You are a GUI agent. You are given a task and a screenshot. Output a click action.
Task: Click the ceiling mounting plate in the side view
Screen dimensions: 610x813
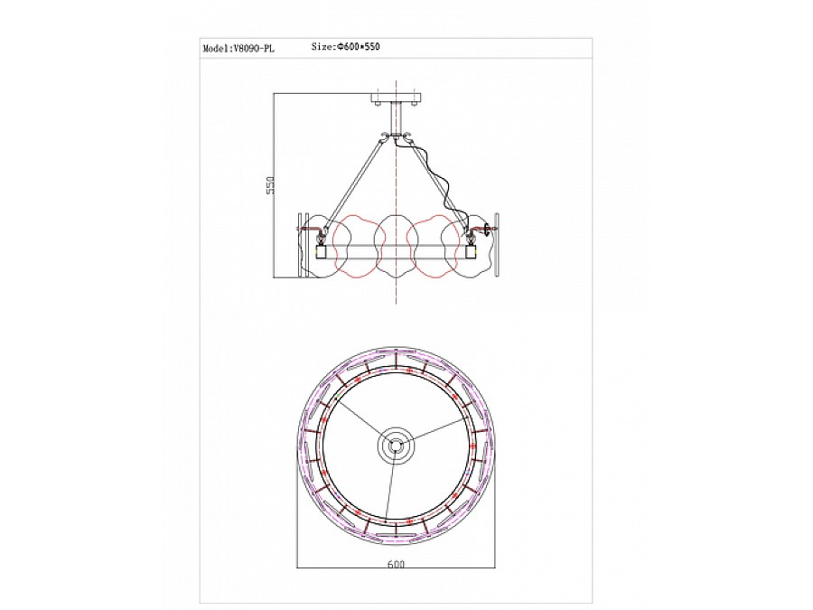coord(397,97)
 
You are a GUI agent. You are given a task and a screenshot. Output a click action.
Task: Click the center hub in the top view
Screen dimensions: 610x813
coord(396,446)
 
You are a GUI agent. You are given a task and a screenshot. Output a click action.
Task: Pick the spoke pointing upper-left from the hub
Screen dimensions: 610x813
coord(357,421)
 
